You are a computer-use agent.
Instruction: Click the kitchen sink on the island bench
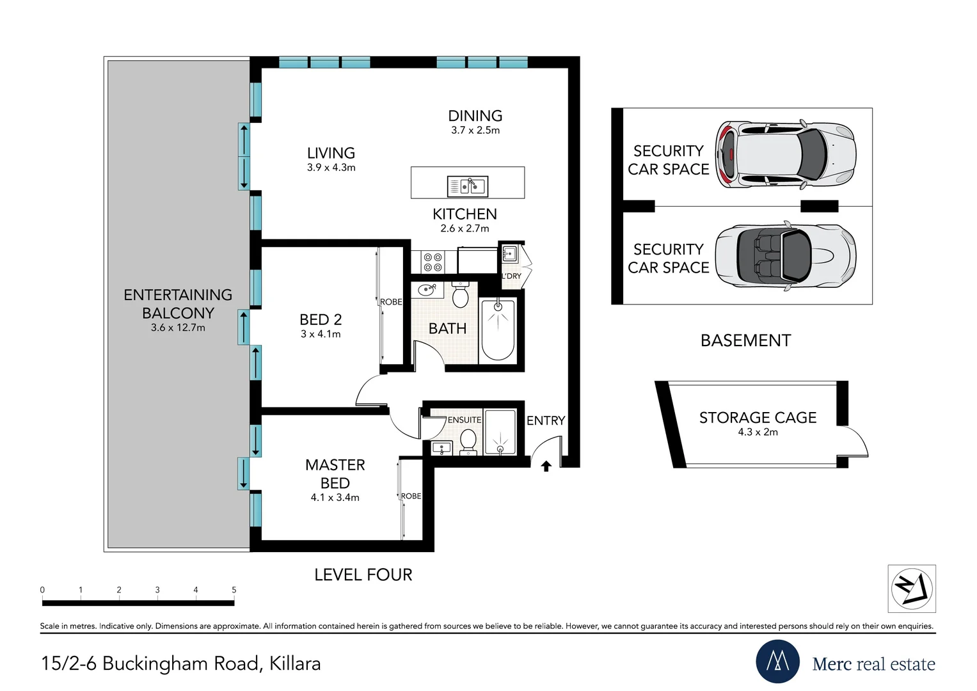click(x=468, y=186)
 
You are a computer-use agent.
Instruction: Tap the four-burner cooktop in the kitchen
click(x=433, y=262)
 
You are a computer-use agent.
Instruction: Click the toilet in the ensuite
click(x=468, y=441)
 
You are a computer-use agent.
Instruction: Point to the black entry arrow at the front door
click(x=546, y=466)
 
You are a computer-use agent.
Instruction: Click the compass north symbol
click(x=912, y=588)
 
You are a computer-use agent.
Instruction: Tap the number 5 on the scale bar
click(x=234, y=590)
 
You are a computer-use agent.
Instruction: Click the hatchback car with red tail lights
click(x=785, y=154)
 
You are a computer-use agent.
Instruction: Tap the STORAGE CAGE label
click(x=758, y=418)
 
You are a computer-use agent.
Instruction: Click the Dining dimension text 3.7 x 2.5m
click(x=475, y=131)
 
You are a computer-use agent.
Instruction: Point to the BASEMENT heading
click(x=745, y=340)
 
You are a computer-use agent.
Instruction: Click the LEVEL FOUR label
click(x=363, y=575)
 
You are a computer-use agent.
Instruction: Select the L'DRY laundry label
click(x=511, y=276)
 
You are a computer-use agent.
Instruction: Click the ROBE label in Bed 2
click(x=391, y=302)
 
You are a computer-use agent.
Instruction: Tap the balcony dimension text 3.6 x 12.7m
click(x=178, y=328)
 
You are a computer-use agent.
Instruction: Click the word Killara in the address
click(x=295, y=663)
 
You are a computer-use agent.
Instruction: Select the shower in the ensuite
click(x=500, y=432)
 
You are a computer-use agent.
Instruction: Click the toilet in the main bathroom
click(x=460, y=296)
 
